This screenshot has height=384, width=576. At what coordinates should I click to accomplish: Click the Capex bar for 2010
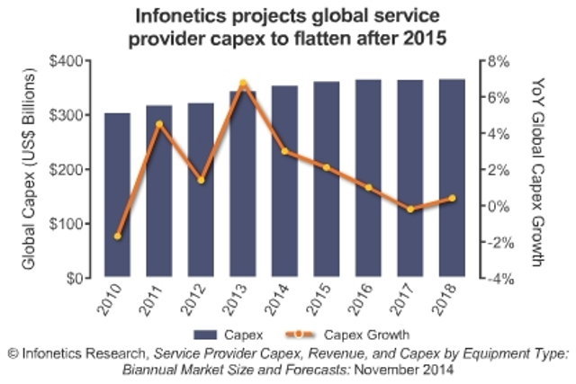[117, 195]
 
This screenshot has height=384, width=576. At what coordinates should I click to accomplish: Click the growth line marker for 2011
[158, 124]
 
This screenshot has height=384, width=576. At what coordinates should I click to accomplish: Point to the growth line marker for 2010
[117, 237]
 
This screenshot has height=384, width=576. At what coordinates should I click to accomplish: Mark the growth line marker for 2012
[201, 181]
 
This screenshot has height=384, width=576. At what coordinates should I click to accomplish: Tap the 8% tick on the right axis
[500, 61]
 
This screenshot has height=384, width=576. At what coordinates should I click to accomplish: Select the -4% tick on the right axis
[500, 279]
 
